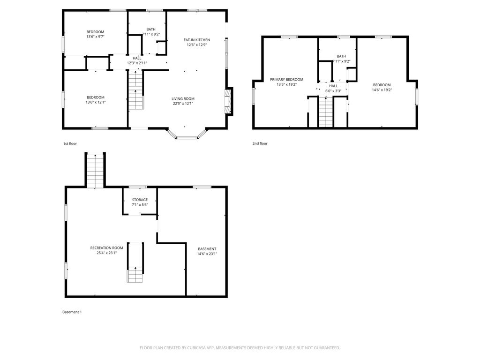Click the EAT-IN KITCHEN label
click(196, 40)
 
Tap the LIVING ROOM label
click(183, 98)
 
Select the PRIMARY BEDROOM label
click(286, 80)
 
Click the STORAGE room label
click(140, 200)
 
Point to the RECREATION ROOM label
click(106, 248)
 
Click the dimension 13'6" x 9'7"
click(95, 37)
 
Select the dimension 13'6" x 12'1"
click(96, 102)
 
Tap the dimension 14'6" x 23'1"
click(207, 254)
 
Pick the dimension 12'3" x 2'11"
click(137, 63)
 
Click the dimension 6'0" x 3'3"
click(333, 91)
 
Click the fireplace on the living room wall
click(229, 101)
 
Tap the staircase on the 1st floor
click(135, 90)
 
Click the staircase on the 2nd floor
click(326, 112)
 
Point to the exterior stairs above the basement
click(95, 171)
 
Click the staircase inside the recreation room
click(135, 262)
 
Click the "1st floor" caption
click(70, 143)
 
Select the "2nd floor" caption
click(260, 143)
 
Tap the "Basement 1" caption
click(72, 312)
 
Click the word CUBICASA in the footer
click(197, 348)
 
